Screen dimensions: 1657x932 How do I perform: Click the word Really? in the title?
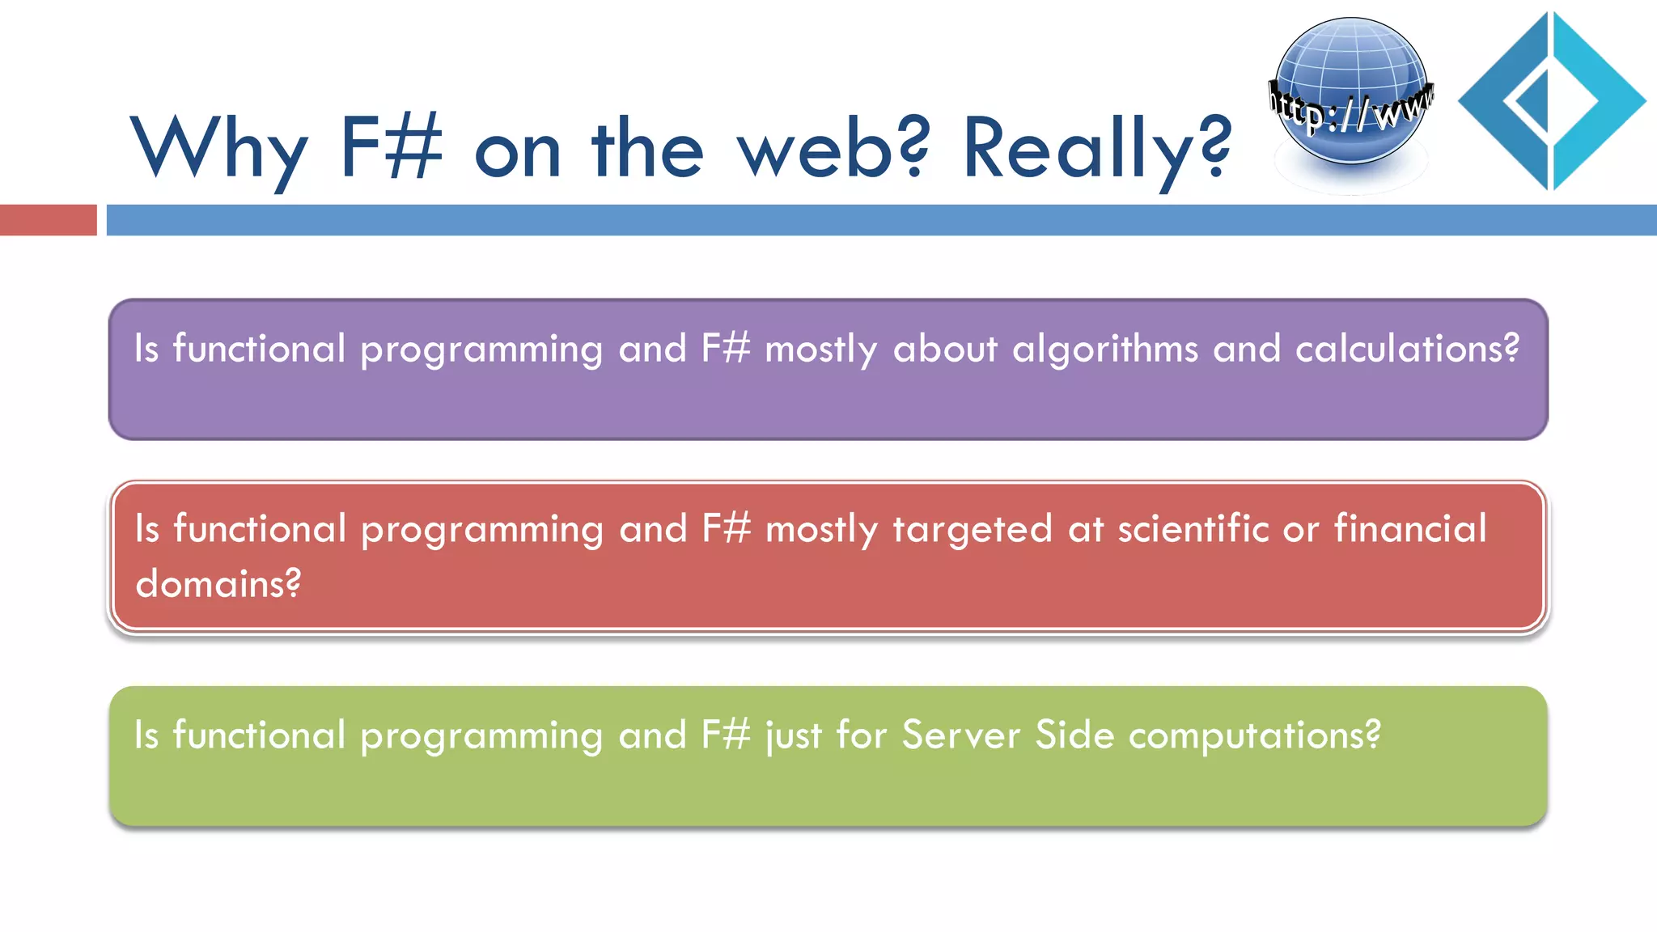[x=1096, y=150]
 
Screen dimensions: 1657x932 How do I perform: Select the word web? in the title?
[x=833, y=150]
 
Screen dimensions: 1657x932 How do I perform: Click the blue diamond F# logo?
[x=1551, y=101]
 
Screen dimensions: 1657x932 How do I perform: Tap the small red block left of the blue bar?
[x=48, y=220]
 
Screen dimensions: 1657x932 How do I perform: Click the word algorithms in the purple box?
[x=1105, y=349]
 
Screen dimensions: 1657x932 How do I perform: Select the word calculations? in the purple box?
[x=1407, y=349]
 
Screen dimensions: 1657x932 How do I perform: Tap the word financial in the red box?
[x=1410, y=529]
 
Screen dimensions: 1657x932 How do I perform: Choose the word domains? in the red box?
[x=218, y=583]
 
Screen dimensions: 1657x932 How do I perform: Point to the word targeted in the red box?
[x=973, y=531]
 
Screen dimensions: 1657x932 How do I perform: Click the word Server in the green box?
[x=961, y=735]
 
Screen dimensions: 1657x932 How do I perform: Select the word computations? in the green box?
[x=1254, y=737]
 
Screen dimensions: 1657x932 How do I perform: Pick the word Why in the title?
[x=219, y=150]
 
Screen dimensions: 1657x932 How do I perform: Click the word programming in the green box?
[x=481, y=737]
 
